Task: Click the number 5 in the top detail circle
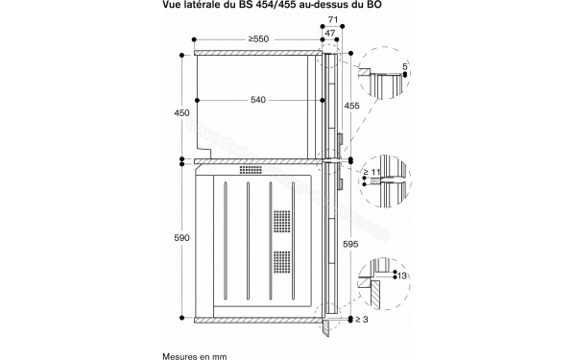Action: click(x=407, y=66)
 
